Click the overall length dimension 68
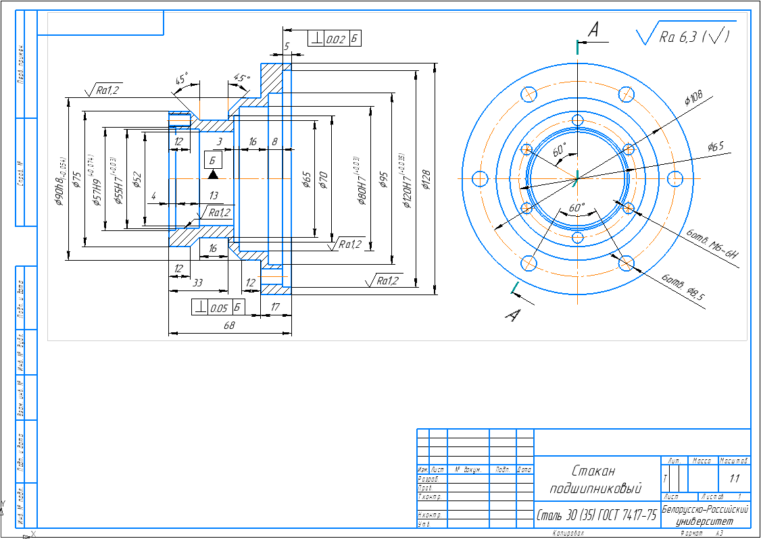(x=229, y=326)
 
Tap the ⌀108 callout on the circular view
(x=693, y=99)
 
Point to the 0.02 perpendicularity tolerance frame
(x=335, y=39)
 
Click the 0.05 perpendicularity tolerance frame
(x=218, y=307)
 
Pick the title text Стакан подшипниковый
(x=595, y=479)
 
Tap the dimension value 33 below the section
(x=199, y=282)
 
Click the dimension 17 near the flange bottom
(x=275, y=307)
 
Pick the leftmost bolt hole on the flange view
(x=480, y=178)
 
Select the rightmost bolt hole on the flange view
(x=675, y=178)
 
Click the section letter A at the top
(x=594, y=29)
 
